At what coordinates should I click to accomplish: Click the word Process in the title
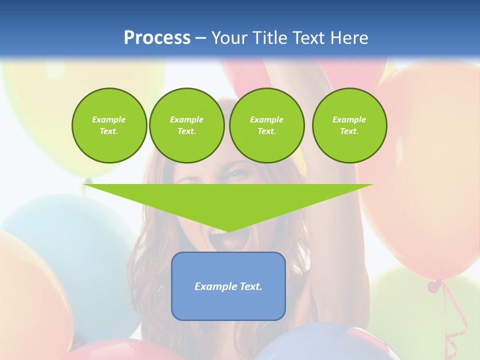(x=157, y=38)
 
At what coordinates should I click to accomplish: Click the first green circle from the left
(x=109, y=125)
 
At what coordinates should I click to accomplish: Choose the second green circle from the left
(x=186, y=125)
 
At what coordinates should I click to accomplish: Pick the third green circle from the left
(x=266, y=125)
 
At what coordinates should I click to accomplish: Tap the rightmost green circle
(x=349, y=125)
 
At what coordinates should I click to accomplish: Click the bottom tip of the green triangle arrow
(x=228, y=231)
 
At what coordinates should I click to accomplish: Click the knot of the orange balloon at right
(x=434, y=286)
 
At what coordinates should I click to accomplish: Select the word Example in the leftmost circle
(x=109, y=119)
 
